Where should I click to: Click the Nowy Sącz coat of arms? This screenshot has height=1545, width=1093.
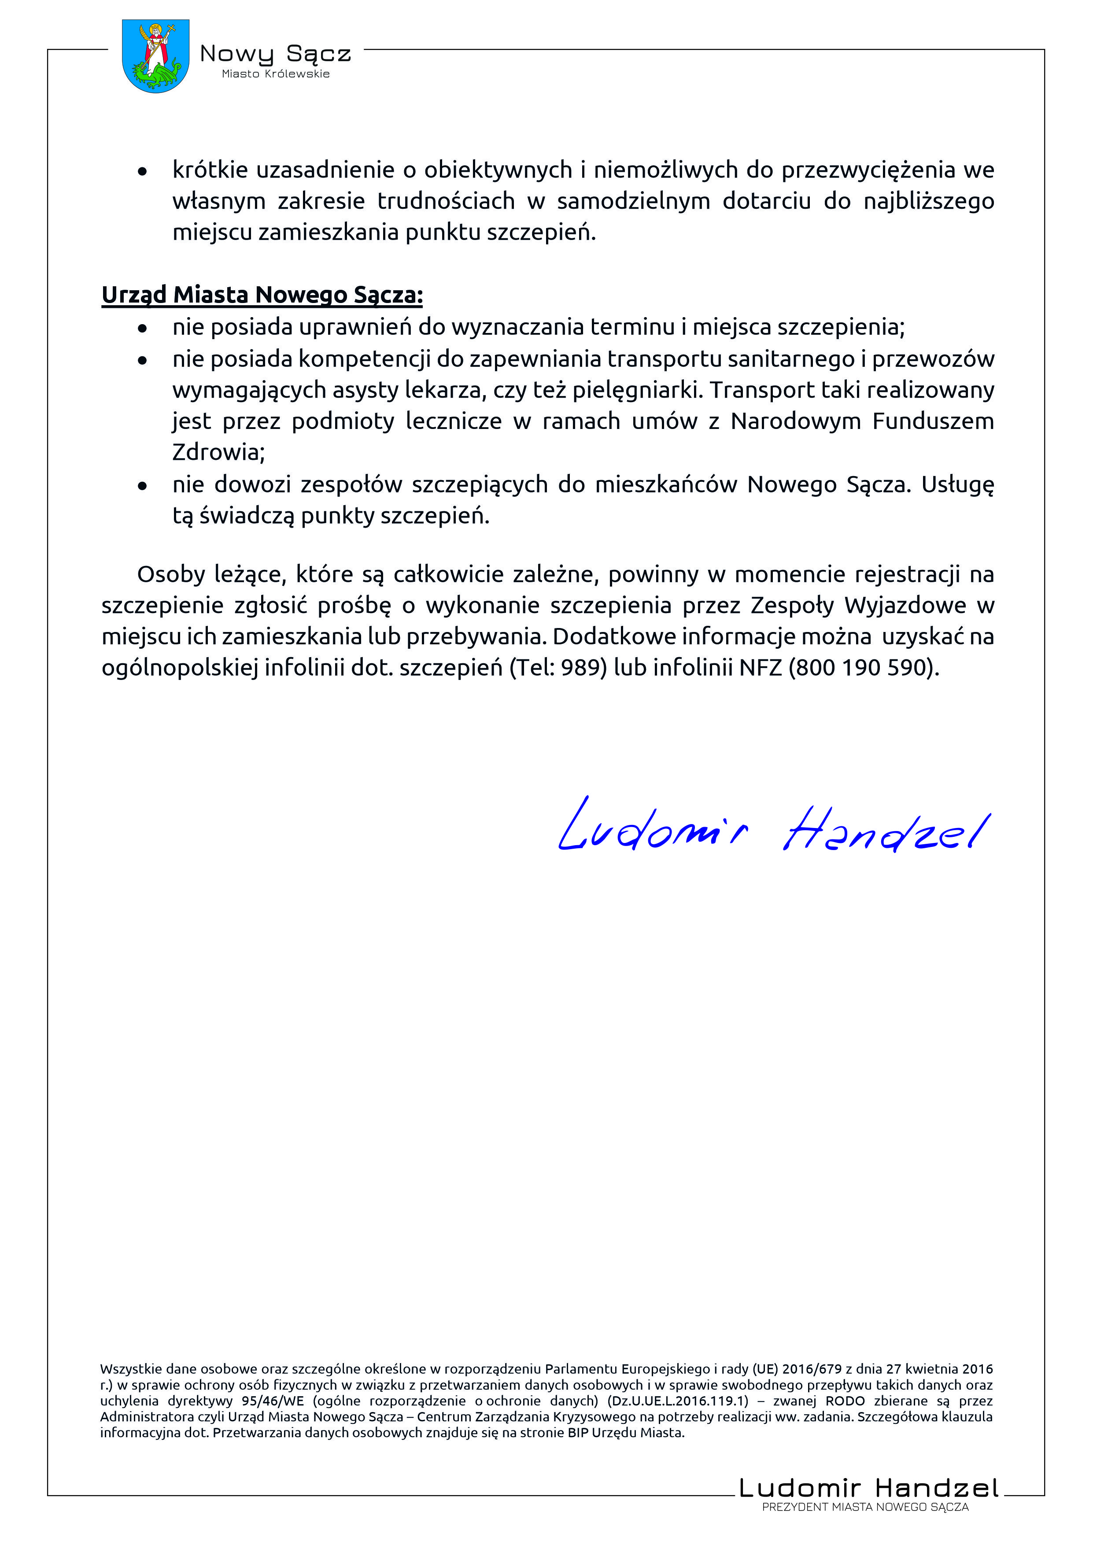tap(155, 56)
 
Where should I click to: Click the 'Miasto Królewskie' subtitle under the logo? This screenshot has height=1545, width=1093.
tap(276, 74)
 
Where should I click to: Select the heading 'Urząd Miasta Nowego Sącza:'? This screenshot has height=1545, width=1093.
tap(262, 295)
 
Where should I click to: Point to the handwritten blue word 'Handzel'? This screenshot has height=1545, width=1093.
tap(886, 830)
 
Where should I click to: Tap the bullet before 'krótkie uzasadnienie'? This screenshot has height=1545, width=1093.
tap(142, 172)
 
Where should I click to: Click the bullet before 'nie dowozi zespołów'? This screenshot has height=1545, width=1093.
tap(142, 485)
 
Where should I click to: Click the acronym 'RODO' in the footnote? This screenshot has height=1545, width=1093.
tap(845, 1401)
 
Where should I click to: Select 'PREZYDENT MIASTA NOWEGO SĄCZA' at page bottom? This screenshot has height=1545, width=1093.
tap(865, 1507)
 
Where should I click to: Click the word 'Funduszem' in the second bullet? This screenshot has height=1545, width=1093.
tap(933, 421)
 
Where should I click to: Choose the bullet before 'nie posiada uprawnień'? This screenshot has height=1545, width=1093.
tap(142, 329)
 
